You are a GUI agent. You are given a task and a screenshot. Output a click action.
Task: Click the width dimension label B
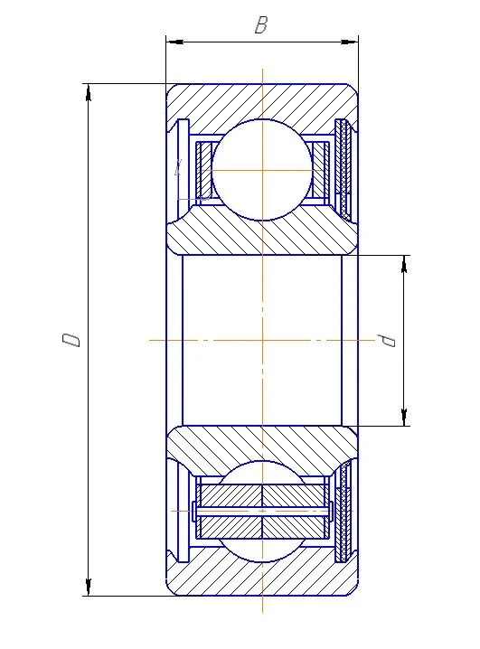coord(261,25)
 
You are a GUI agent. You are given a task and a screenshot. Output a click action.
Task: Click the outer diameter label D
coord(71,340)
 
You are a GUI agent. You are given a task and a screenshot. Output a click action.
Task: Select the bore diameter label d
coord(388,340)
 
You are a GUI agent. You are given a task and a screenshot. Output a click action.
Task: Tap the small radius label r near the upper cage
coord(179,166)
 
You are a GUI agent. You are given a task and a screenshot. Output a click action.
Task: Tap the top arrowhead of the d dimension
coord(403,261)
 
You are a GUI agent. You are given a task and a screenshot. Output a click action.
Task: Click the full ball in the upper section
coord(261,170)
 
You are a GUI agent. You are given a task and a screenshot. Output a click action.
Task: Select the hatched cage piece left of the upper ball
coord(203,170)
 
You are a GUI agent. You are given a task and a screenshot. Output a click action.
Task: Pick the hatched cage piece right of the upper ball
coord(319,170)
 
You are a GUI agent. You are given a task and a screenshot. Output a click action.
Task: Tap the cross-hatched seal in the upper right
coord(342,168)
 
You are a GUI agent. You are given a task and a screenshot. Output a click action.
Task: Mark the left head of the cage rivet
coord(194,512)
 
